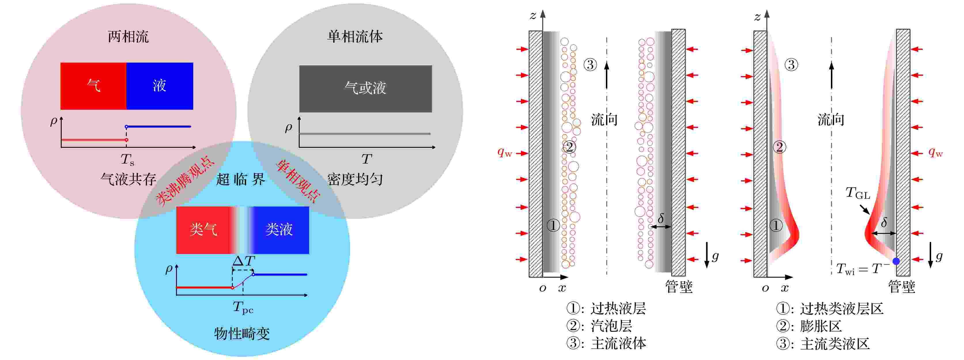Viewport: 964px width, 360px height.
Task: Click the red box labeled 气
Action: [93, 86]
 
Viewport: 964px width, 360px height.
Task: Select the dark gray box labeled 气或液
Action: [366, 89]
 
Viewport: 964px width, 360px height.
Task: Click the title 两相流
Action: [128, 37]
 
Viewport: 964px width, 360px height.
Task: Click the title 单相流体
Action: [355, 37]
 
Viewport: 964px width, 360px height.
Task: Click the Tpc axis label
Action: [243, 308]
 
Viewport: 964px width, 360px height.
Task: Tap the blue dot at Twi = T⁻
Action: [896, 261]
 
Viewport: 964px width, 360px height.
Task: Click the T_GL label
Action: [858, 193]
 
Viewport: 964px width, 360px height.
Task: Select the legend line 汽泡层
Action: [600, 326]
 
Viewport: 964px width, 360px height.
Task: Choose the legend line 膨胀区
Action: [809, 326]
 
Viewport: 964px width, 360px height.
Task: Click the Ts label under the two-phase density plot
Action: [127, 160]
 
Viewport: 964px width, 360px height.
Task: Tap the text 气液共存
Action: [128, 180]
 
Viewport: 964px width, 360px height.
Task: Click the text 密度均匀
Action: [355, 180]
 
